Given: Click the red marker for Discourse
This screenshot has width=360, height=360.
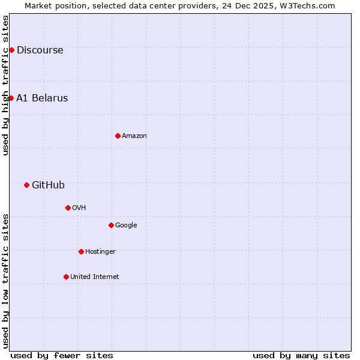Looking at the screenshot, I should pyautogui.click(x=11, y=50).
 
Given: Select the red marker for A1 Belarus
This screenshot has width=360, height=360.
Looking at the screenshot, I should pyautogui.click(x=11, y=98).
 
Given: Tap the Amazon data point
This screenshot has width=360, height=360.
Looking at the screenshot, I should pyautogui.click(x=118, y=136).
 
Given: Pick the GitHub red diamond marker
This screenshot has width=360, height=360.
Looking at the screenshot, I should pyautogui.click(x=26, y=185).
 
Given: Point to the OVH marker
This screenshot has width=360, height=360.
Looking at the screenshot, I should pyautogui.click(x=68, y=208).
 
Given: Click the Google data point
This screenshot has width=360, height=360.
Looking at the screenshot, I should pyautogui.click(x=111, y=225).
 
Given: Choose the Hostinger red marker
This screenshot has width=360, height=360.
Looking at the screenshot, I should pyautogui.click(x=81, y=251).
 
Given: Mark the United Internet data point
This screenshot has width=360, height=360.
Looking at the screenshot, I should pyautogui.click(x=66, y=277).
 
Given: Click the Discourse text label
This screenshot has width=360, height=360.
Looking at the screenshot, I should pyautogui.click(x=40, y=50).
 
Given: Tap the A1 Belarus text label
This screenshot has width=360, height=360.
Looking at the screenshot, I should pyautogui.click(x=42, y=98).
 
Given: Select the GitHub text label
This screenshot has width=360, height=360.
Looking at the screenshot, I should pyautogui.click(x=48, y=185).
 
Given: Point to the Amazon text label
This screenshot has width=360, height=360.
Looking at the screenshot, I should pyautogui.click(x=134, y=136).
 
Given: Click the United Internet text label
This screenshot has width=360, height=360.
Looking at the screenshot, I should pyautogui.click(x=94, y=277).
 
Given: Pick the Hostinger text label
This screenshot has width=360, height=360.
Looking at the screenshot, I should pyautogui.click(x=100, y=252).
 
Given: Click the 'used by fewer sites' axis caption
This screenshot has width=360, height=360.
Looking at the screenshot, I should pyautogui.click(x=62, y=355).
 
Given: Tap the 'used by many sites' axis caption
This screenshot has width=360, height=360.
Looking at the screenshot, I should pyautogui.click(x=301, y=355).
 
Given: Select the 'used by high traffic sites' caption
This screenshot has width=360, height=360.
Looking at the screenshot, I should pyautogui.click(x=5, y=85).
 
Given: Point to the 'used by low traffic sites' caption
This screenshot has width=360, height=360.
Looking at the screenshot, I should pyautogui.click(x=5, y=281).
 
